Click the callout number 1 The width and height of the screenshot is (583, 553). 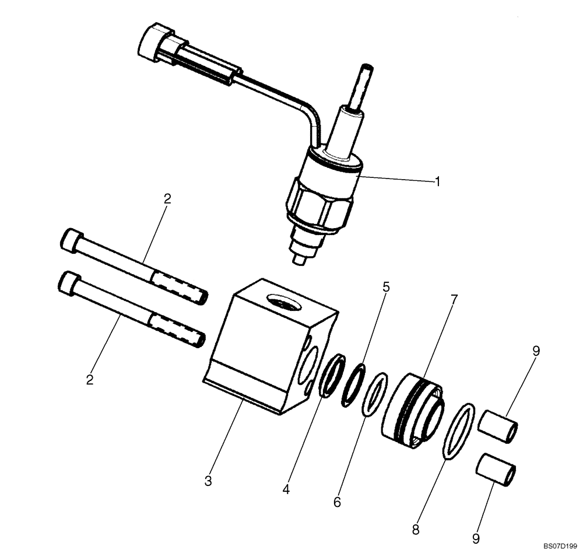pyautogui.click(x=437, y=181)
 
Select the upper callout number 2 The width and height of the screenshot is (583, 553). pyautogui.click(x=167, y=199)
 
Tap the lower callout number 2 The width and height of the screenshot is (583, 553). pyautogui.click(x=90, y=380)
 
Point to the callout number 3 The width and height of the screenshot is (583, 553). pyautogui.click(x=208, y=481)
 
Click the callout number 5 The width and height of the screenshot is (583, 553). pyautogui.click(x=386, y=288)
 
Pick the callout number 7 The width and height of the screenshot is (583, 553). pyautogui.click(x=454, y=300)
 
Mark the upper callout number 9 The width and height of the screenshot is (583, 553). pyautogui.click(x=536, y=351)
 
